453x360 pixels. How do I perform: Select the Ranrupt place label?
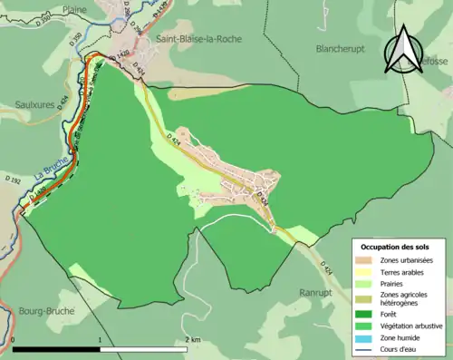coord(317,293)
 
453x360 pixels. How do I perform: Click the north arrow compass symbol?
coord(400,49)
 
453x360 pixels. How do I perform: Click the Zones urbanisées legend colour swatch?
coord(366,260)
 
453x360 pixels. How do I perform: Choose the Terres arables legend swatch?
coord(366,271)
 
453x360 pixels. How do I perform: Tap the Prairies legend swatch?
coord(366,282)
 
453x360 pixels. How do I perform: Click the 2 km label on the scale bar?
coord(192,339)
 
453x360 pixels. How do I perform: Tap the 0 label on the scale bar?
coord(14,339)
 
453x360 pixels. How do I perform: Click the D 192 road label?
coord(12,181)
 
